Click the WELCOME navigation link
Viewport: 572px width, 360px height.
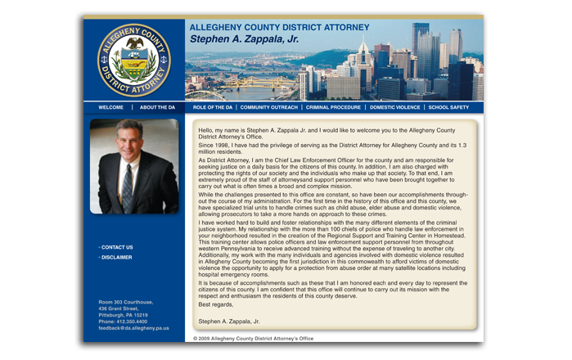click(111, 107)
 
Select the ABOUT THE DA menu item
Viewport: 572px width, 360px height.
click(157, 107)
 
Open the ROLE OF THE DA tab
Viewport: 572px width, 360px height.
click(213, 107)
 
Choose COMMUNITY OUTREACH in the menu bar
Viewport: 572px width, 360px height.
click(269, 107)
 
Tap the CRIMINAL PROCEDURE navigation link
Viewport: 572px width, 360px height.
click(333, 107)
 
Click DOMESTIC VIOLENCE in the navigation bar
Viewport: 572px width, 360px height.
click(394, 107)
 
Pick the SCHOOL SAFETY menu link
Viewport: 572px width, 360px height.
click(448, 107)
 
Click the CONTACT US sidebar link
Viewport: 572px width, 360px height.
click(117, 247)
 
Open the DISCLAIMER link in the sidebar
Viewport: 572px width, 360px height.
click(116, 258)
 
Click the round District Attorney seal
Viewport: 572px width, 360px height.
click(133, 60)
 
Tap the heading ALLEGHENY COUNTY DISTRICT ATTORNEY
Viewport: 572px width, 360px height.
click(279, 27)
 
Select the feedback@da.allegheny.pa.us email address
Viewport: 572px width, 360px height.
click(134, 328)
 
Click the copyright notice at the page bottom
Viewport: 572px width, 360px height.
click(254, 338)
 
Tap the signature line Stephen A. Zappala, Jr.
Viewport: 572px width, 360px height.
click(235, 322)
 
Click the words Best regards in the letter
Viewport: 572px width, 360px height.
click(215, 304)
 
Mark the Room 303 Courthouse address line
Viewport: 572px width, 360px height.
click(126, 302)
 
